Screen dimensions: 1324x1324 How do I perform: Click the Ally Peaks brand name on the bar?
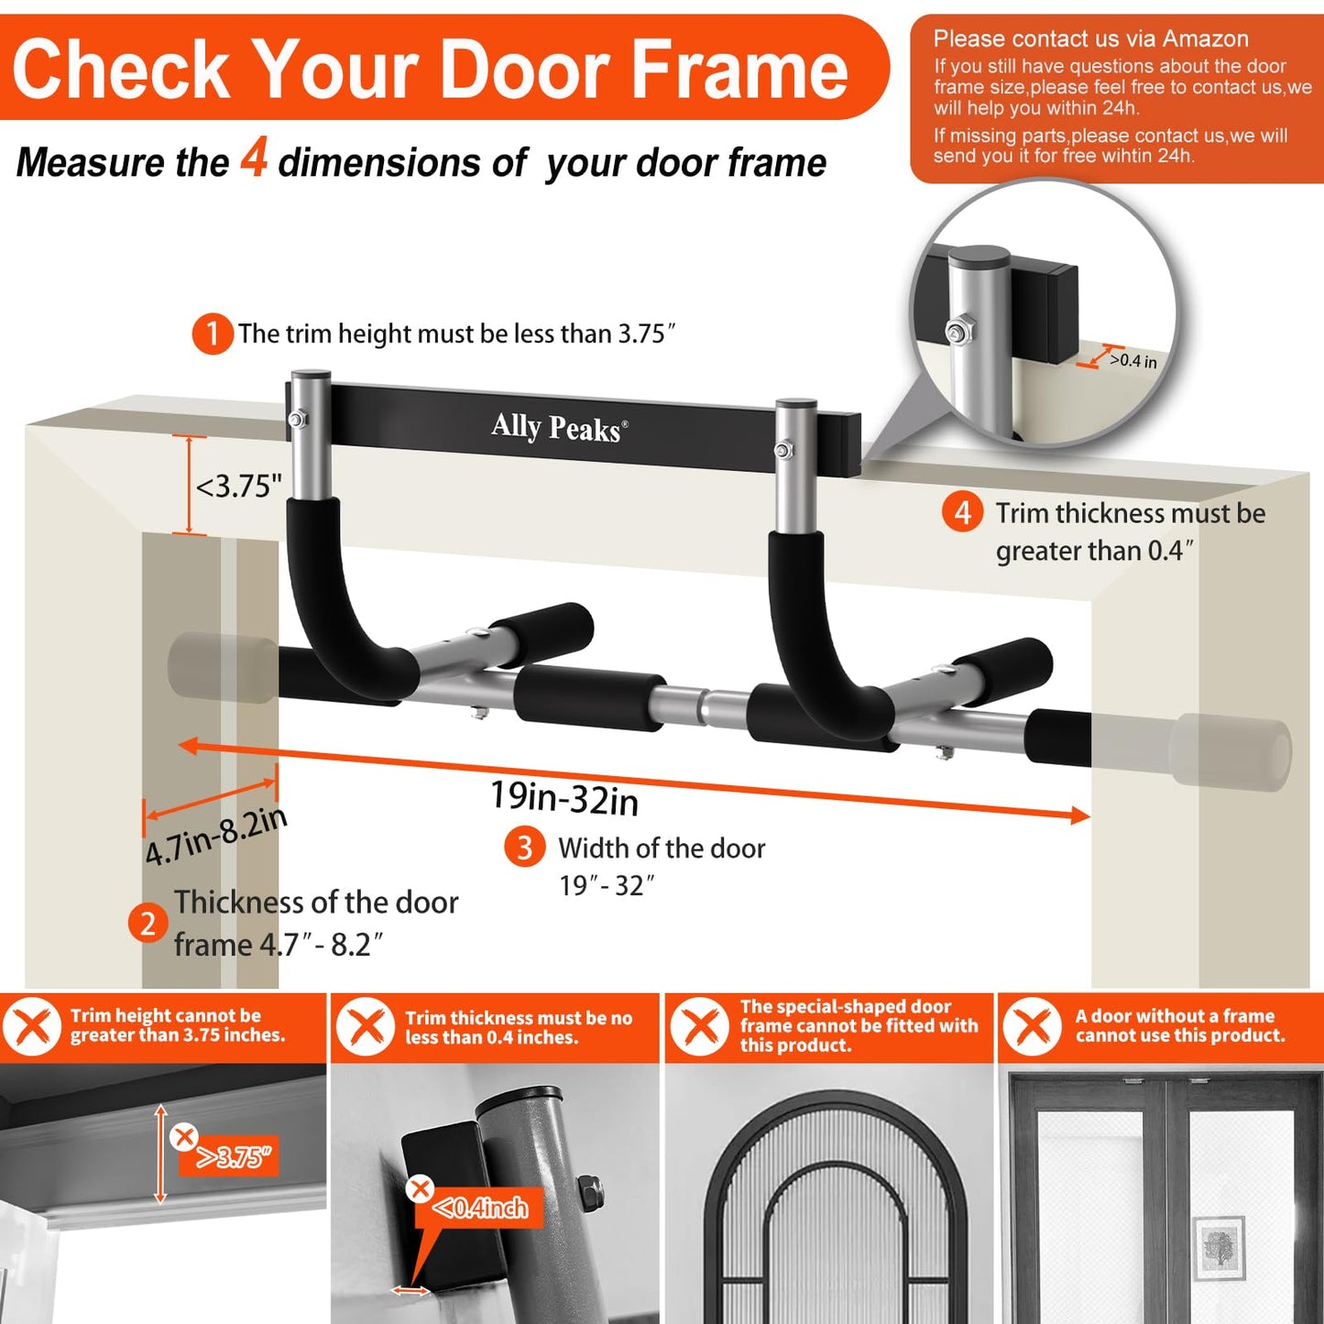coord(559,428)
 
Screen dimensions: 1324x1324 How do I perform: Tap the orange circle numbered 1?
coord(212,334)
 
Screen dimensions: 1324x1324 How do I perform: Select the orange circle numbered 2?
coord(148,923)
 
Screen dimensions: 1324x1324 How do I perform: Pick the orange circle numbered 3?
coord(524,848)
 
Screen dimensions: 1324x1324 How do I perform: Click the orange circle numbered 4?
coord(962,512)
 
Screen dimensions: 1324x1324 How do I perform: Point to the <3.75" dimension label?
coord(239,486)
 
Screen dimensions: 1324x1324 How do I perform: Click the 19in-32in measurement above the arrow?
coord(564,797)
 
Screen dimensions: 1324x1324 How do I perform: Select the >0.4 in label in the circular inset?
coord(1133,361)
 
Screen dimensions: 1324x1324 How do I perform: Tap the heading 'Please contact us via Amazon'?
coord(1090,38)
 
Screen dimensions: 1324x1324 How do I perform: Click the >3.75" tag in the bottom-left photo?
coord(235,1158)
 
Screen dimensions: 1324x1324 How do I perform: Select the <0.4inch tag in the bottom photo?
coord(480,1209)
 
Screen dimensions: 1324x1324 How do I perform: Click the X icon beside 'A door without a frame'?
coord(1033,1026)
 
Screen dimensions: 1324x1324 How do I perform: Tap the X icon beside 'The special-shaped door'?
coord(699,1026)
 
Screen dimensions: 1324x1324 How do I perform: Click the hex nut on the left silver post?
coord(297,420)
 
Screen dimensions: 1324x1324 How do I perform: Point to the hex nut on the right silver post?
coord(783,450)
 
